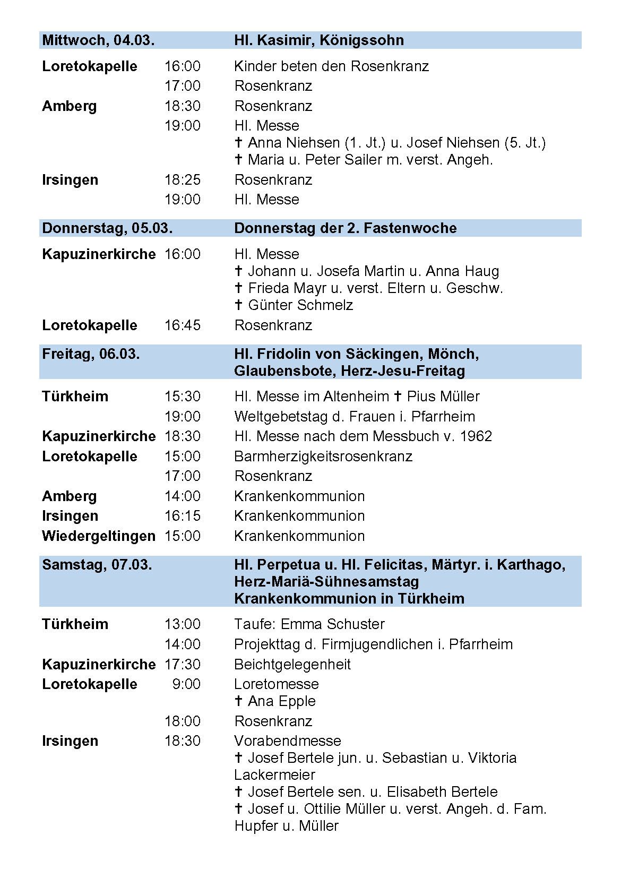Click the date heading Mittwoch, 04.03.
click(x=98, y=40)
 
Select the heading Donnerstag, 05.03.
click(x=107, y=228)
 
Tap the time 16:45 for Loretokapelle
click(x=183, y=325)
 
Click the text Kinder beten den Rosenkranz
click(x=331, y=66)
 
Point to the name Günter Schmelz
click(x=300, y=305)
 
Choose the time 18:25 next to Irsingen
click(x=183, y=180)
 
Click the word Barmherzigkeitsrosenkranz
click(x=323, y=457)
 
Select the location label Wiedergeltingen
click(x=99, y=536)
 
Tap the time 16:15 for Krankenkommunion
click(x=183, y=516)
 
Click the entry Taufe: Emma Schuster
click(x=309, y=624)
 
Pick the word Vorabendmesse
click(x=288, y=741)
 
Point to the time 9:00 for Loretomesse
click(x=186, y=684)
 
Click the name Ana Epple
click(x=282, y=701)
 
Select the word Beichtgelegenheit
click(x=292, y=665)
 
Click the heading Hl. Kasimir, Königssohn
click(x=319, y=40)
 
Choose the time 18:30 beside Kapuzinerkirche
click(x=183, y=436)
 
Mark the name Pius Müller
click(x=443, y=397)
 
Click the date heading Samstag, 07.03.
click(x=97, y=565)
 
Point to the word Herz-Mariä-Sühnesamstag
click(x=326, y=582)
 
